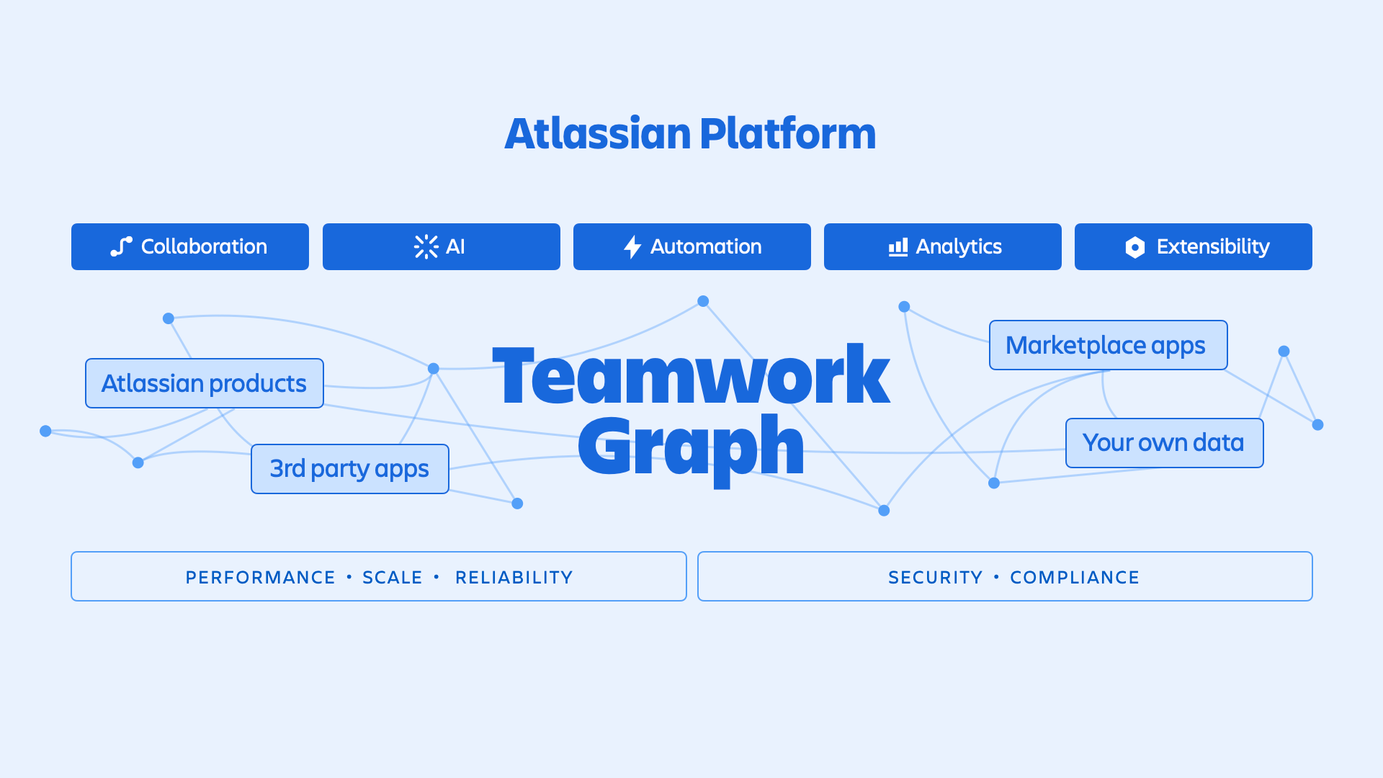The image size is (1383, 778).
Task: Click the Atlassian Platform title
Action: coord(690,134)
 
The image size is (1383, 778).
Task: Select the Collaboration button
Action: coord(190,246)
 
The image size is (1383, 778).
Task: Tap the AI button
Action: coord(441,246)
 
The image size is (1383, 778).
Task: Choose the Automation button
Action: coord(691,246)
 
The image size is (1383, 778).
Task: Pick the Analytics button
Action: coord(942,246)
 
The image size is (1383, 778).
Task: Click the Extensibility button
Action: coord(1193,246)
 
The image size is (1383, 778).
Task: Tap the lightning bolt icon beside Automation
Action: coord(632,246)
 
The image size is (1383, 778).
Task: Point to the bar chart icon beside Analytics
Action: coord(898,247)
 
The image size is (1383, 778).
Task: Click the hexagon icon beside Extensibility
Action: coord(1134,247)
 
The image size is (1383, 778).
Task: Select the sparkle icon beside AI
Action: coord(426,246)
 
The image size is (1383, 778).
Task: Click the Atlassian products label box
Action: coord(205,383)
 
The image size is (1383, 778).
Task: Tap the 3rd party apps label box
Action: coord(349,469)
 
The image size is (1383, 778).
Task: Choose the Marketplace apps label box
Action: coord(1108,345)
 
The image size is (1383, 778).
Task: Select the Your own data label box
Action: coord(1164,443)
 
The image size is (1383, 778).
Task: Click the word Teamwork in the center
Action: coord(691,375)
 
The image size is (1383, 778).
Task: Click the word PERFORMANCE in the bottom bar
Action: coord(260,577)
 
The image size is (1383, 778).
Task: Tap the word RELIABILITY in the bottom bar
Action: coord(514,577)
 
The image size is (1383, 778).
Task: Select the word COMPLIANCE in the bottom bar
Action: coord(1074,577)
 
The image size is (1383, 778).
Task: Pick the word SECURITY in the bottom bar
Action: coord(935,577)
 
